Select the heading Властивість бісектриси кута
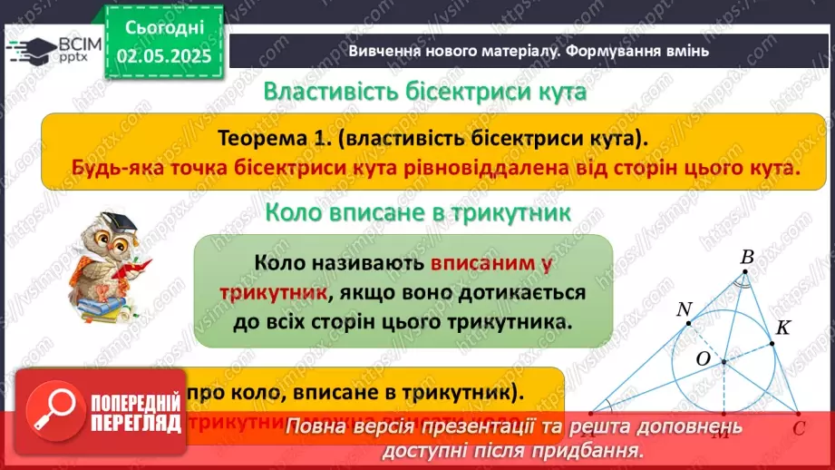424,93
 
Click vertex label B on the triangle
746,258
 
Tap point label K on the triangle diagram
783,328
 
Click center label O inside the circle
703,360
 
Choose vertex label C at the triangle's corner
799,426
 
